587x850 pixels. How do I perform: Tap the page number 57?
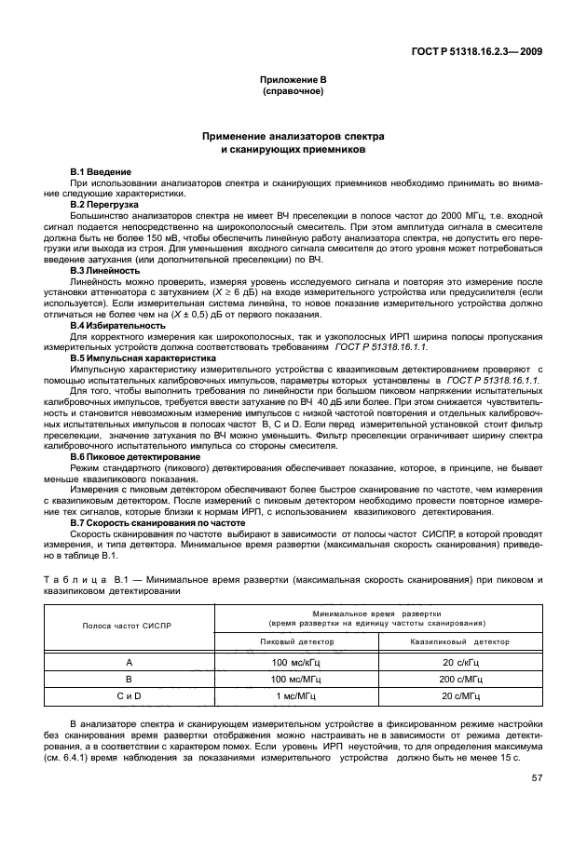[538, 778]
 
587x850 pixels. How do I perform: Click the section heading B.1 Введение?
[101, 173]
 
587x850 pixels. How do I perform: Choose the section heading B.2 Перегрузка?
[104, 203]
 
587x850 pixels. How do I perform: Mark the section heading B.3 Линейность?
[104, 270]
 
